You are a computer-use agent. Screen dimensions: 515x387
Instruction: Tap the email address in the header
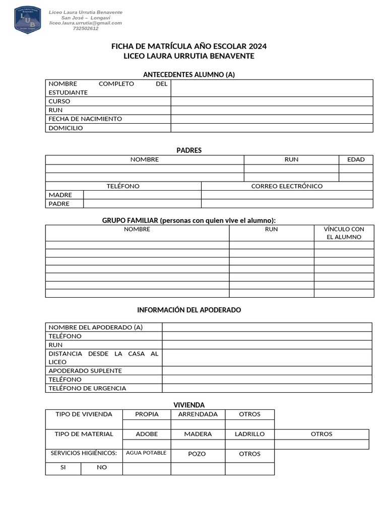[85, 23]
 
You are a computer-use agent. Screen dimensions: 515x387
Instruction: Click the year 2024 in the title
[257, 46]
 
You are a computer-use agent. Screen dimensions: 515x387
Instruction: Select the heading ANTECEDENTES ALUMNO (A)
[189, 74]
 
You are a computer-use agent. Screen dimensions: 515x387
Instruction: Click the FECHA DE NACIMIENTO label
[85, 119]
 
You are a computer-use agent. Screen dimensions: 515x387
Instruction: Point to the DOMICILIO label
[66, 128]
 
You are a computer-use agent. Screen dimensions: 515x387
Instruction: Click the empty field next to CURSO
[272, 101]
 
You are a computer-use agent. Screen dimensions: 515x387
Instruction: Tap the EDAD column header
[356, 159]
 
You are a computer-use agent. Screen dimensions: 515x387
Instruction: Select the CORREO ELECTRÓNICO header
[287, 186]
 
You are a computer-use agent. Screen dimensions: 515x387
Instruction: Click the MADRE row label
[60, 195]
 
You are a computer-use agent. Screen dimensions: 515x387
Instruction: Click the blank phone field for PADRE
[142, 204]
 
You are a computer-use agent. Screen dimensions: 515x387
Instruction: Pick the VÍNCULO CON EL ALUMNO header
[344, 233]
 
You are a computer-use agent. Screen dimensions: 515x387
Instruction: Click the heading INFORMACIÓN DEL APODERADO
[189, 310]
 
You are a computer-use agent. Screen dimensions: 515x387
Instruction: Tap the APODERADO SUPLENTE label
[85, 371]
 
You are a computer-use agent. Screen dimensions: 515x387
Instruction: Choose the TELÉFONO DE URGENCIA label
[87, 388]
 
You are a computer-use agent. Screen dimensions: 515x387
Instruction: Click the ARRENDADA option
[198, 414]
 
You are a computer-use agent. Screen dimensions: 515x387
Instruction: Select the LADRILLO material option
[249, 434]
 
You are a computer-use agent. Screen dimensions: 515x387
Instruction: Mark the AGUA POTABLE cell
[146, 453]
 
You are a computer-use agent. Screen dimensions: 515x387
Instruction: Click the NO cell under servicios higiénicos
[102, 467]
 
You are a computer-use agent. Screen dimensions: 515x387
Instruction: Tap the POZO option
[197, 454]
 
